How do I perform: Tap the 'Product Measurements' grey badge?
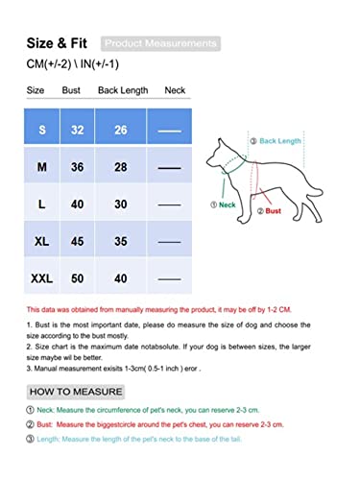click(x=160, y=44)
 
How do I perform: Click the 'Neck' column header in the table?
click(x=176, y=90)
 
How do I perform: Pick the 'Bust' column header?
click(x=70, y=90)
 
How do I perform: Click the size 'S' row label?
click(x=40, y=128)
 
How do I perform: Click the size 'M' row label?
click(x=40, y=165)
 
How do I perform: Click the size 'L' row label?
click(x=40, y=204)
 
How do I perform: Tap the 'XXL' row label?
click(x=40, y=278)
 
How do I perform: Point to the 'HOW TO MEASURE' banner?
click(x=77, y=392)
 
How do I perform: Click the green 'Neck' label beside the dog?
click(x=225, y=205)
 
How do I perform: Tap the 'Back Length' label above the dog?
click(x=279, y=140)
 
